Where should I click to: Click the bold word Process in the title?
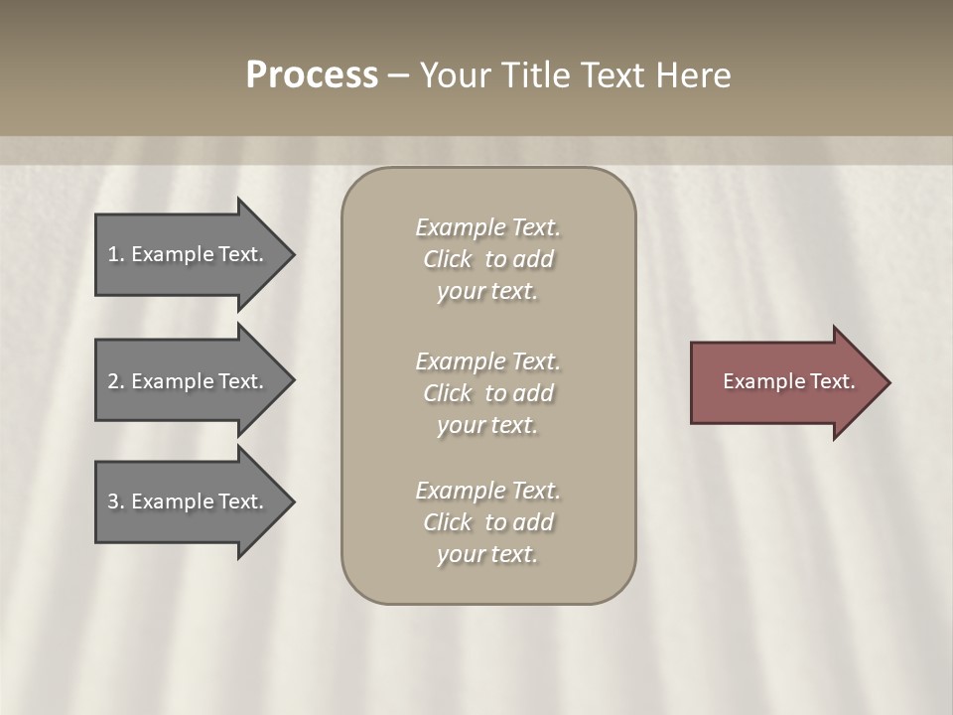coord(312,75)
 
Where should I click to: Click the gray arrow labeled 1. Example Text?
coord(189,254)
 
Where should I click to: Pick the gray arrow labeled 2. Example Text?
coord(189,381)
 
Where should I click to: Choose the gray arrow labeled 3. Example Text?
coord(189,501)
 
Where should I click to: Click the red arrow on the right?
coord(784,382)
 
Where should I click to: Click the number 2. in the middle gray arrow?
coord(115,381)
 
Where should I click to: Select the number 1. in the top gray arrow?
coord(115,254)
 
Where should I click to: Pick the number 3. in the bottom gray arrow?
coord(115,501)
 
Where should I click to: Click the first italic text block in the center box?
coord(487,259)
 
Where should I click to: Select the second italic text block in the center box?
coord(487,393)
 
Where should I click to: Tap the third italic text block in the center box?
coord(487,522)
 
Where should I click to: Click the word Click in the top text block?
coord(448,259)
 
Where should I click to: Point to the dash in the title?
coord(399,75)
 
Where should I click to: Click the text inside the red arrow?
coord(788,381)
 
